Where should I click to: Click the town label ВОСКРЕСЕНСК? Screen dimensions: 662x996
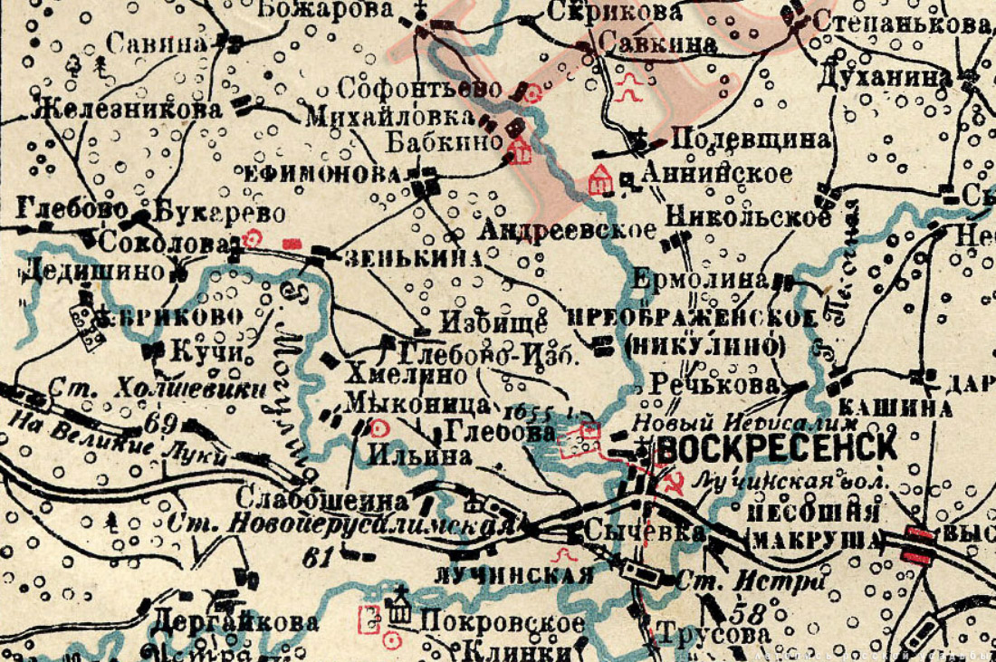click(x=777, y=446)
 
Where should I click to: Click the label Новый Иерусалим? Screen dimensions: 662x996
click(x=745, y=421)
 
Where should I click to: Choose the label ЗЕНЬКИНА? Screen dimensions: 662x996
click(x=412, y=257)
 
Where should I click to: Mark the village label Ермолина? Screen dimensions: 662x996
click(x=700, y=279)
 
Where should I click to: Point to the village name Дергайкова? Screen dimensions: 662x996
click(x=235, y=622)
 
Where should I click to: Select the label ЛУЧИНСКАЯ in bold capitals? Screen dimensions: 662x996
click(x=513, y=574)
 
